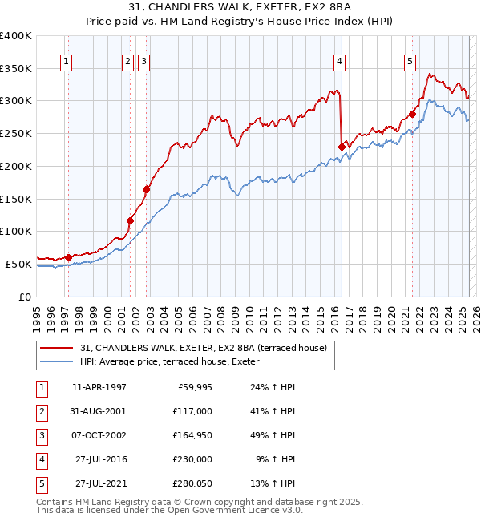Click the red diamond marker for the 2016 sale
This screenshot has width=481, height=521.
click(342, 147)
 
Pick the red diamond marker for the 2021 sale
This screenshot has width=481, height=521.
click(412, 114)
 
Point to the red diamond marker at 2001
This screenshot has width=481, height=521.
click(130, 220)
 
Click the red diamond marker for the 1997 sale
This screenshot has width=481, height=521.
click(68, 257)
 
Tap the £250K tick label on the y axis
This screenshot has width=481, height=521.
click(16, 133)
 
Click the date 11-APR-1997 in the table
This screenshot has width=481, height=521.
click(99, 387)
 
